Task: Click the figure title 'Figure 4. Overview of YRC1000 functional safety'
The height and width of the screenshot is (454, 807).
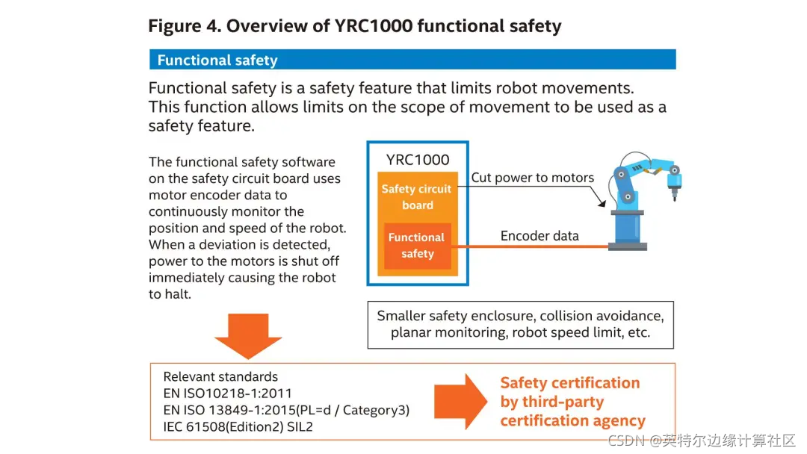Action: tap(354, 27)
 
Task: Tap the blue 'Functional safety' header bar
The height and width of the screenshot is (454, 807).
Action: tap(412, 60)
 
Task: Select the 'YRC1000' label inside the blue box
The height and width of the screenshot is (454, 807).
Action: tap(418, 160)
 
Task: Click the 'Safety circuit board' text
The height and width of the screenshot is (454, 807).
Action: tap(417, 197)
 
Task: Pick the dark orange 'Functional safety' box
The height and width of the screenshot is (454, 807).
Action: tap(417, 246)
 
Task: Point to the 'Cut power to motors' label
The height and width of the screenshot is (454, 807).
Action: tap(532, 178)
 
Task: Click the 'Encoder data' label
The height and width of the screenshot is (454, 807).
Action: tap(539, 236)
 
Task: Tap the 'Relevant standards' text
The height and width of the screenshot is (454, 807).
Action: tap(220, 377)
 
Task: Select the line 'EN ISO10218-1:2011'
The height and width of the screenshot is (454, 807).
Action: tap(227, 394)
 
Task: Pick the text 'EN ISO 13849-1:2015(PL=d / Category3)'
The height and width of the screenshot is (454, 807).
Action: tap(286, 410)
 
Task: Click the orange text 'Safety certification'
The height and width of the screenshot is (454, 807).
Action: tap(569, 383)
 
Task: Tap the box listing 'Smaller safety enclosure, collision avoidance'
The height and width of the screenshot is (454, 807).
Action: tap(520, 325)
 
